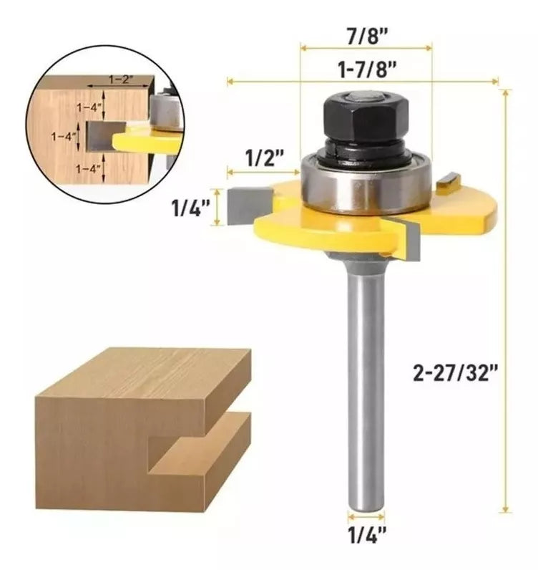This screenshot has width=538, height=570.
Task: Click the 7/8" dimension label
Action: click(x=366, y=34)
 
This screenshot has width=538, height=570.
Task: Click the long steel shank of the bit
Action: click(x=366, y=387)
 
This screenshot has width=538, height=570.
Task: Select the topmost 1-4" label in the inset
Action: click(x=90, y=107)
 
